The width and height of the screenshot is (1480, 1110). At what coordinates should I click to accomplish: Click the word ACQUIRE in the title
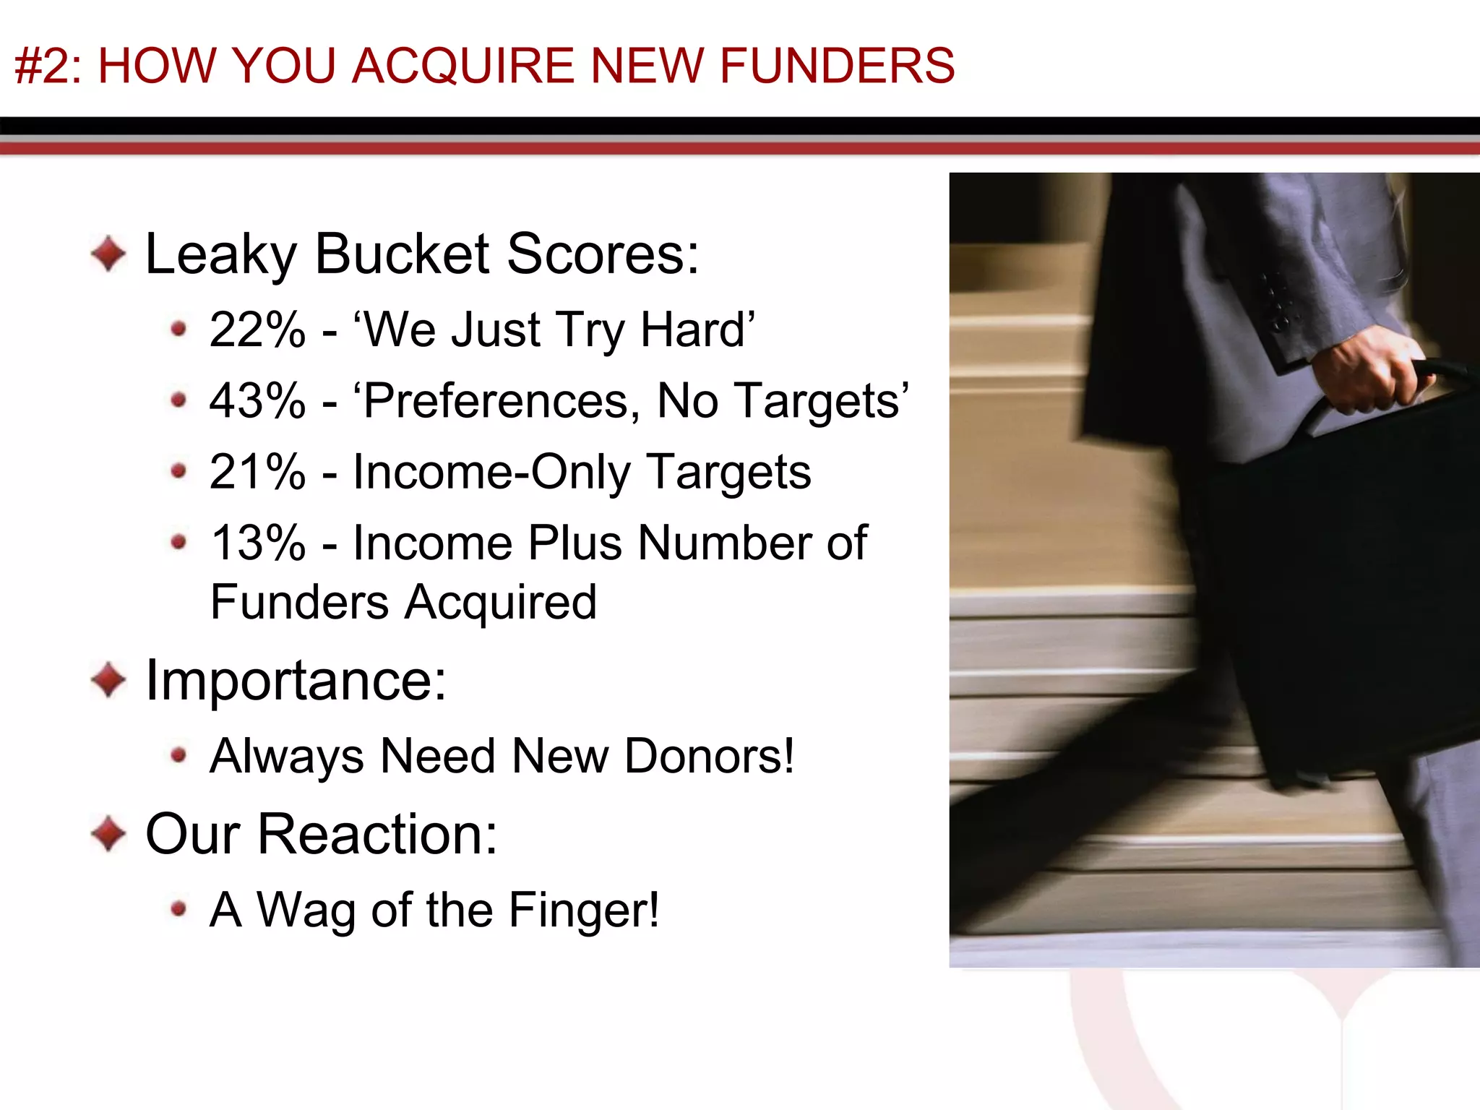pyautogui.click(x=463, y=66)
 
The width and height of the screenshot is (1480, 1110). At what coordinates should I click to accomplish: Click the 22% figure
pyautogui.click(x=257, y=330)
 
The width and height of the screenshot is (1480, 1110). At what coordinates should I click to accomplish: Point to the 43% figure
pyautogui.click(x=257, y=401)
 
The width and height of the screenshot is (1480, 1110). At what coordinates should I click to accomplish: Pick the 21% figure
pyautogui.click(x=257, y=472)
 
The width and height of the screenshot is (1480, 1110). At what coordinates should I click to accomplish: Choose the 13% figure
pyautogui.click(x=257, y=543)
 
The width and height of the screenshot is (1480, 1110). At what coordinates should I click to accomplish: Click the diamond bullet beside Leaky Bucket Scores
pyautogui.click(x=109, y=254)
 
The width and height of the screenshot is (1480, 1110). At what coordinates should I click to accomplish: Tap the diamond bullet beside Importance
pyautogui.click(x=109, y=680)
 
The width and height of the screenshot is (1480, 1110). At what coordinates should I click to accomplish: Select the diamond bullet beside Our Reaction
pyautogui.click(x=109, y=834)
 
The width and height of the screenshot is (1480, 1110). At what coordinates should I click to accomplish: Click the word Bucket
pyautogui.click(x=403, y=254)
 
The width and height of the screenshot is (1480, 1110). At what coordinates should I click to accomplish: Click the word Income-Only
pyautogui.click(x=491, y=472)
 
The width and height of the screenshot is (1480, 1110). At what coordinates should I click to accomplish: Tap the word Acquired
pyautogui.click(x=500, y=602)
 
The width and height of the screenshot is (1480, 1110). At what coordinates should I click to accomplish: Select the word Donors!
pyautogui.click(x=709, y=757)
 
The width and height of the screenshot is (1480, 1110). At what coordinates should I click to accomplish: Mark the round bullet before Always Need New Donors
pyautogui.click(x=178, y=756)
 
